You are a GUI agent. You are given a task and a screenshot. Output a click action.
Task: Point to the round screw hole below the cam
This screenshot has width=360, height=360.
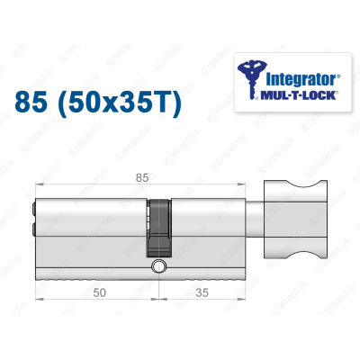(x=159, y=266)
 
